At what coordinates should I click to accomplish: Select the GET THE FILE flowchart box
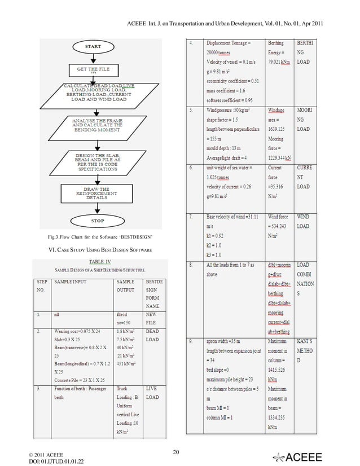(93, 69)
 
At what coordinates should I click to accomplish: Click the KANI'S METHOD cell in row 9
(308, 351)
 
